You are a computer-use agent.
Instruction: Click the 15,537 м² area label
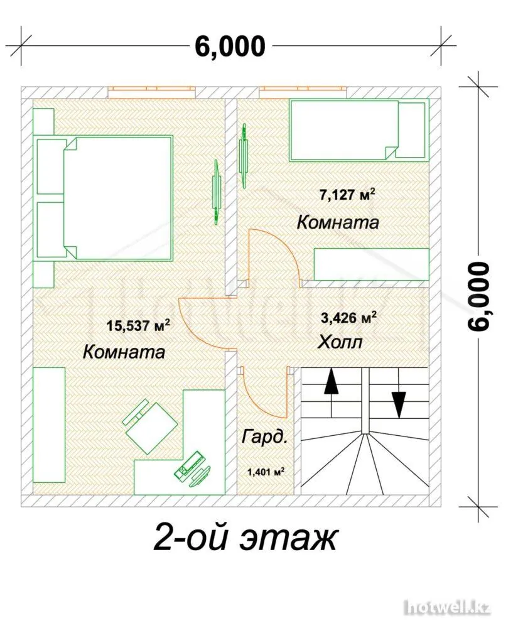coord(139,325)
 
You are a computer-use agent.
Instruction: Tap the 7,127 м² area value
coord(347,194)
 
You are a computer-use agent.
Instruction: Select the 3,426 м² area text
coord(348,318)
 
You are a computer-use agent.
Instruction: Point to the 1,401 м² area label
coord(266,472)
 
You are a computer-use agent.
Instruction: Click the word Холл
coord(340,342)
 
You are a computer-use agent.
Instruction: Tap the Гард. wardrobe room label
coord(264,437)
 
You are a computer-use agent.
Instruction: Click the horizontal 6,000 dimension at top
coord(230,46)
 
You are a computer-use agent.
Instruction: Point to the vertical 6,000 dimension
coord(479,296)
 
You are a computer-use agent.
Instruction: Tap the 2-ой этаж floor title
coord(245,538)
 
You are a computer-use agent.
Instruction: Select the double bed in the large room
coord(105,198)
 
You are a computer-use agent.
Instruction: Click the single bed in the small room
coord(359,131)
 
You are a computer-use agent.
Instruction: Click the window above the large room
coord(152,92)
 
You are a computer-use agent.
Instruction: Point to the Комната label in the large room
coord(124,352)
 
